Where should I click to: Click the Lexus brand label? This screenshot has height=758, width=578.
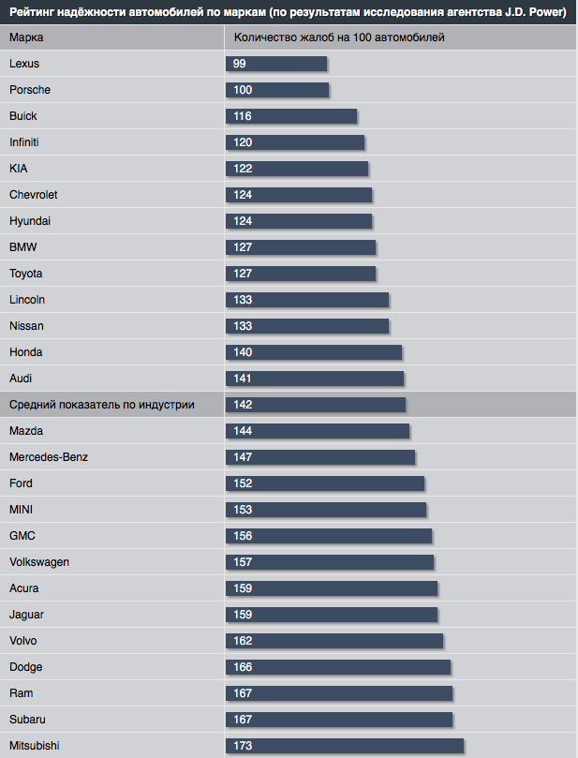point(24,64)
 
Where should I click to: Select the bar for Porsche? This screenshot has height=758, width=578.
point(277,90)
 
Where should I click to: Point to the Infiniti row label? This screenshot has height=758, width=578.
point(24,142)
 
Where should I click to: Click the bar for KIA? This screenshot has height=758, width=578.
point(297,169)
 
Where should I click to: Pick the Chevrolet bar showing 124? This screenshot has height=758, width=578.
point(299,195)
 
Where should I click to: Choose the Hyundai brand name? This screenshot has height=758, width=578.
point(30,221)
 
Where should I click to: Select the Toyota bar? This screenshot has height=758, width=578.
point(301,274)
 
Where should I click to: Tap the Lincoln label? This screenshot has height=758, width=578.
point(27,300)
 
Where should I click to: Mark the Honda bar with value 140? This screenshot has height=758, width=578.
point(314,352)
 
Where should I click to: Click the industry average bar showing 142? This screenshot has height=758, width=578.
point(316,405)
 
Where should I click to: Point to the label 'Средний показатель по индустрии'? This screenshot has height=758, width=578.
point(102,405)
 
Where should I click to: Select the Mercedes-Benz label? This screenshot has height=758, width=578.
point(49,457)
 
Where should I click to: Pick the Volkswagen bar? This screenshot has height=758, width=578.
point(330,562)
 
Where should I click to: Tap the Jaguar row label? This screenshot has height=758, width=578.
point(26,615)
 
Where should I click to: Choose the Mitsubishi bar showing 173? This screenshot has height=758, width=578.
point(345,746)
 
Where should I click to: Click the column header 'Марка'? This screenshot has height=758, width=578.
point(26,37)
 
